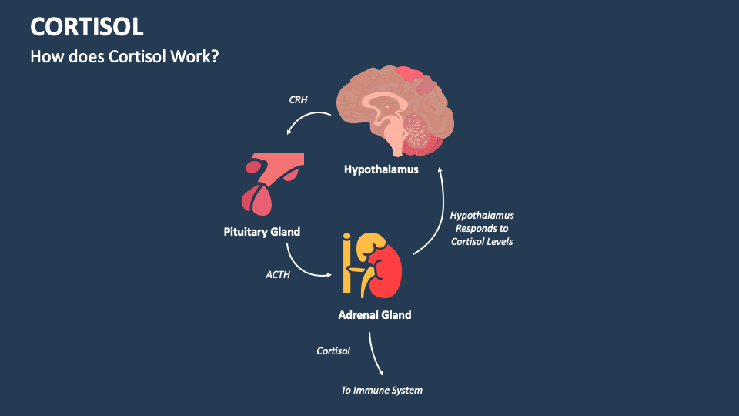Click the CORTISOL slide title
click(x=86, y=26)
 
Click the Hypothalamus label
click(x=381, y=169)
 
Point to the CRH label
click(x=298, y=100)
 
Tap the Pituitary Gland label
click(x=262, y=231)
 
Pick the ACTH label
click(x=278, y=273)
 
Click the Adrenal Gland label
click(x=375, y=314)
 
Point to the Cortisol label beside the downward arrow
click(x=333, y=351)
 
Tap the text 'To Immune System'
click(x=382, y=391)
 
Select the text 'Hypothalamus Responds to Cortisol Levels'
click(x=482, y=228)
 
